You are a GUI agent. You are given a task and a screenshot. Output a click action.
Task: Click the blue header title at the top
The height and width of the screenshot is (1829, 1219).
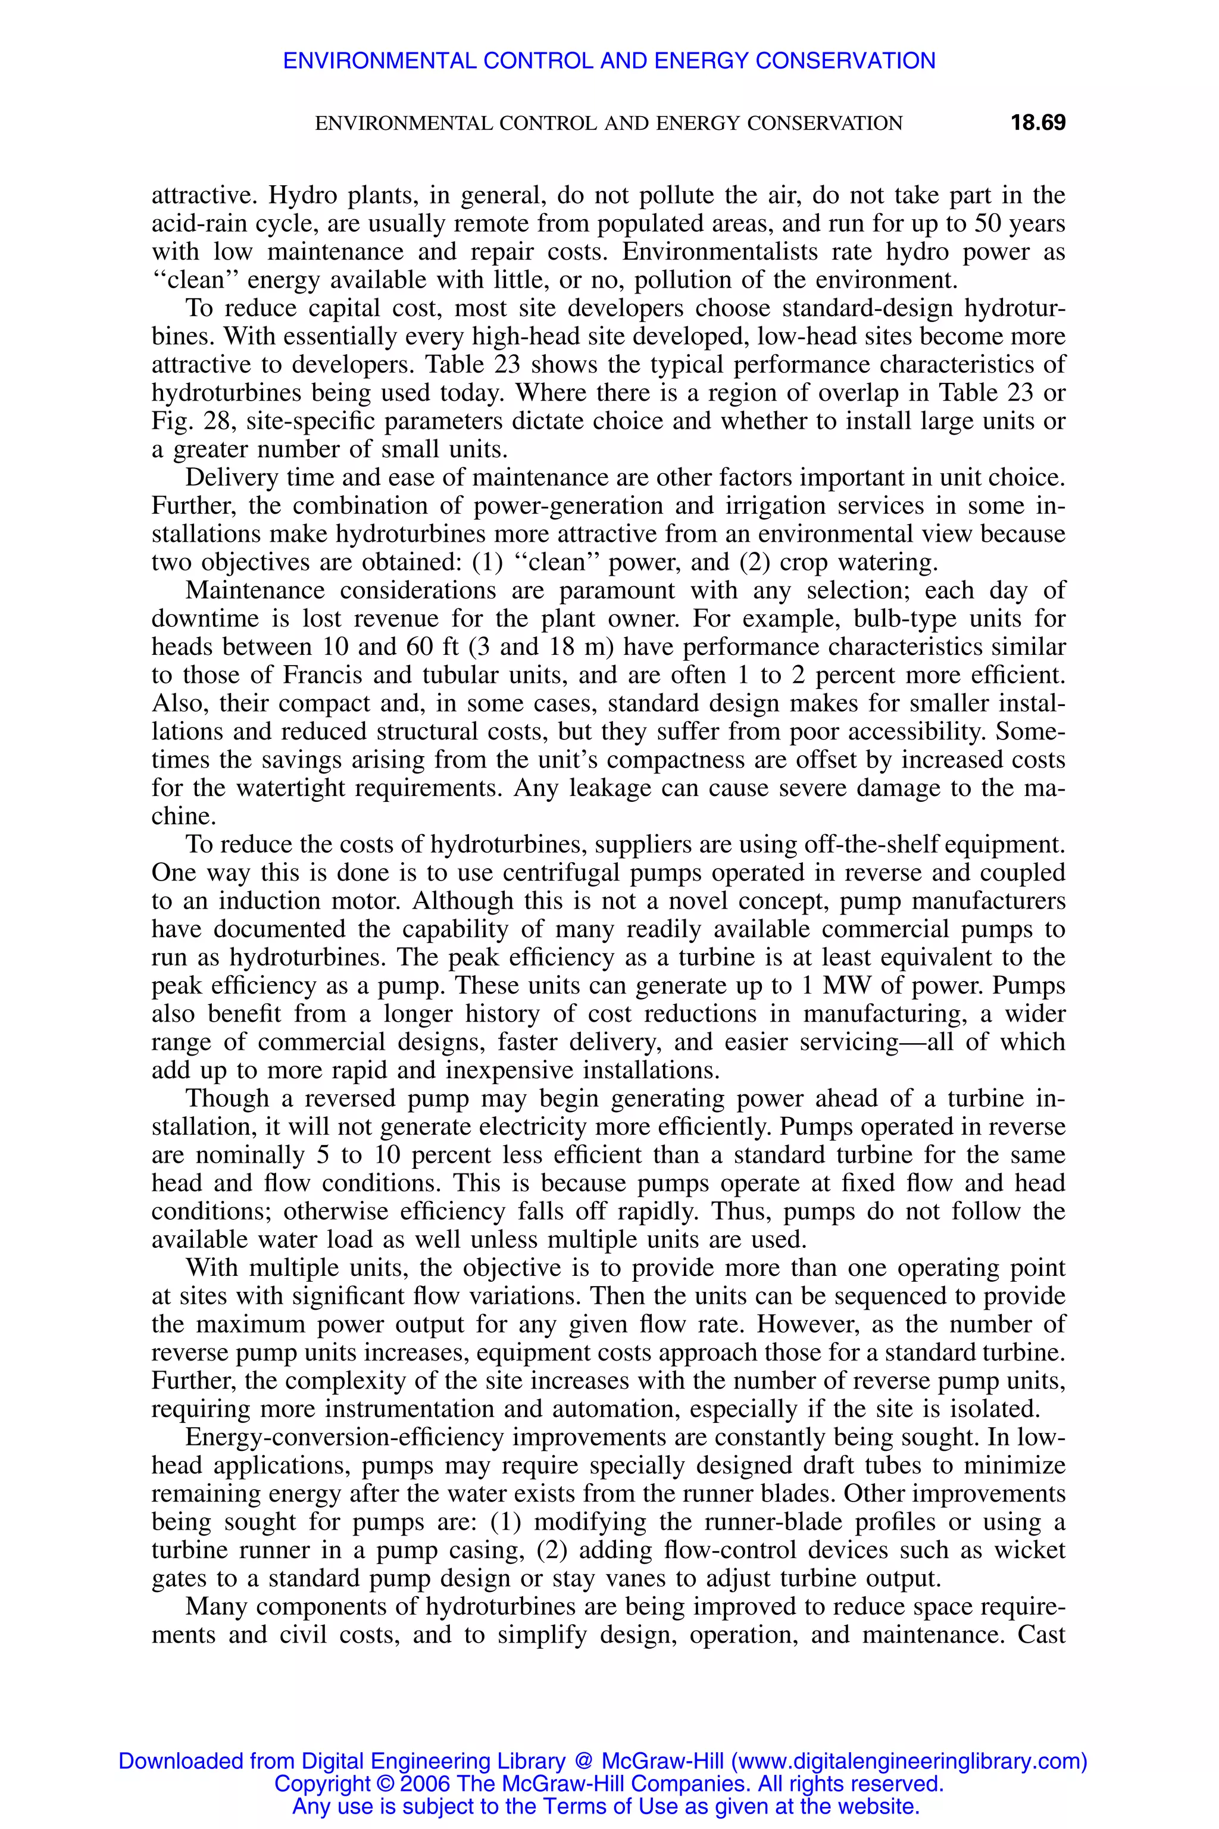609,61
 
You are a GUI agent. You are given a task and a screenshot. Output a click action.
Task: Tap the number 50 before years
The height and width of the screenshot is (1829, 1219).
980,224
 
